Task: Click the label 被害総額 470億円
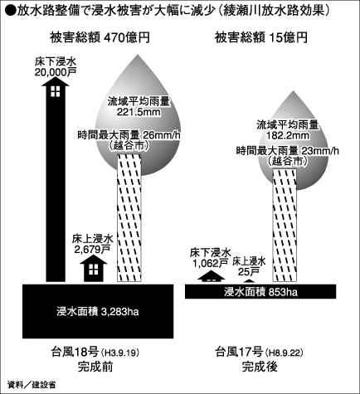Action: point(100,38)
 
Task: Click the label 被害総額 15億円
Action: point(261,38)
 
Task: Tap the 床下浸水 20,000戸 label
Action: point(56,67)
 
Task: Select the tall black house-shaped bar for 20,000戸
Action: point(56,180)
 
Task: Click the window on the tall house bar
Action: point(56,91)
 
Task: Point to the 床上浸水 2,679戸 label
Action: point(93,244)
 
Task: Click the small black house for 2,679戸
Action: point(93,268)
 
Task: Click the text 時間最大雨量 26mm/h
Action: point(131,135)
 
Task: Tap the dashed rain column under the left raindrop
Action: point(129,217)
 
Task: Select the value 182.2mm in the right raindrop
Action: point(288,136)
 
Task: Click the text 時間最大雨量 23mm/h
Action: point(288,151)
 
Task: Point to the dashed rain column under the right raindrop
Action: point(285,226)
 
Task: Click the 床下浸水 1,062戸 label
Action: point(210,258)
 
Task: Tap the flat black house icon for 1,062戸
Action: point(212,276)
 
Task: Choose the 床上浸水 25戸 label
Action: point(249,266)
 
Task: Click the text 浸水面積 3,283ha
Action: point(98,312)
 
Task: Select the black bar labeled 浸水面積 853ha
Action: point(260,291)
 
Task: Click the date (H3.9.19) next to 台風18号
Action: point(119,353)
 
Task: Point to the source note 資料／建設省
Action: point(31,384)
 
